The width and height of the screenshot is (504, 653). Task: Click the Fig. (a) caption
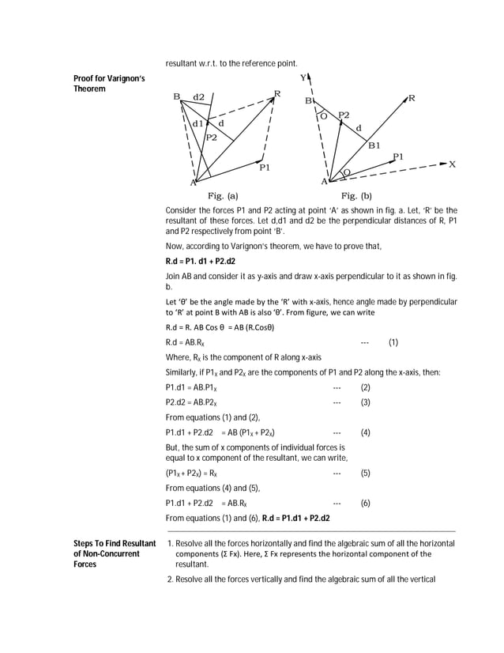[x=223, y=194]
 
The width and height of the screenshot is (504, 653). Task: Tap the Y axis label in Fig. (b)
[x=303, y=78]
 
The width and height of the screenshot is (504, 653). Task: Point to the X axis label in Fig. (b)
[x=453, y=164]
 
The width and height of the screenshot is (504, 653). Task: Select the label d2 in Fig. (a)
[x=198, y=96]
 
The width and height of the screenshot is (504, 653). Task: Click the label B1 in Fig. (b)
[x=374, y=145]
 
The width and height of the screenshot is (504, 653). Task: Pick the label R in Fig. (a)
[x=277, y=95]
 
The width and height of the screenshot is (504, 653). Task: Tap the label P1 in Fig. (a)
[x=265, y=167]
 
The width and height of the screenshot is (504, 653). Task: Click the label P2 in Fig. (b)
[x=344, y=115]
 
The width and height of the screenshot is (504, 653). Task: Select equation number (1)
[x=393, y=343]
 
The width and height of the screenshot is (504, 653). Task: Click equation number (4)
[x=365, y=432]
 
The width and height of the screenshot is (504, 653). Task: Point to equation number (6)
[x=365, y=503]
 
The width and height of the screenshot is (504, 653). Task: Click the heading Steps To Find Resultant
[x=114, y=544]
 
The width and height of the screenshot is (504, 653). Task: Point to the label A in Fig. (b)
[x=323, y=182]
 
